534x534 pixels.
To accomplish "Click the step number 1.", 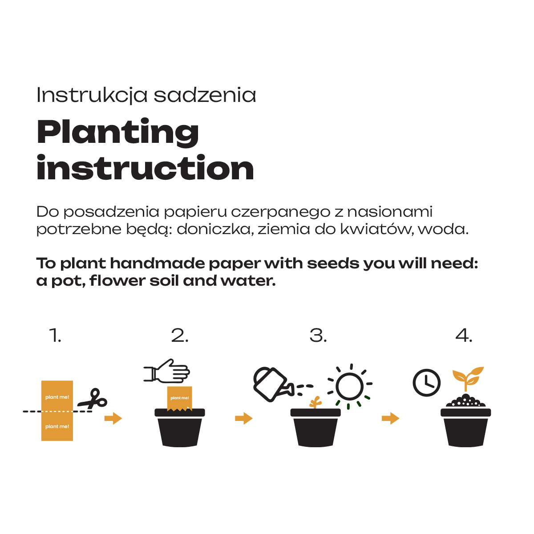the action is coord(55,336).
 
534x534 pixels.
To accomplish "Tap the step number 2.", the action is coord(180,336).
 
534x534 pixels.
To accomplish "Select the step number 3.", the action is coord(318,336).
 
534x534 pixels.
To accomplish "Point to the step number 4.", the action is coord(464,336).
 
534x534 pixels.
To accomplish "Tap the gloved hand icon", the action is coord(166,371).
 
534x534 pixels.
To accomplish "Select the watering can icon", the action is coord(273,384).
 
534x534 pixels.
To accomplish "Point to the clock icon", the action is coord(426,383).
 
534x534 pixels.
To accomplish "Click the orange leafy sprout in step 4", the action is coord(468,378).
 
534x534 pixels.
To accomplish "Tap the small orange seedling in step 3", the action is coord(316,402).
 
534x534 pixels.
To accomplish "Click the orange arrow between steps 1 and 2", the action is coord(113,418).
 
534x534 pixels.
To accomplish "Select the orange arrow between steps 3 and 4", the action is coord(390,418).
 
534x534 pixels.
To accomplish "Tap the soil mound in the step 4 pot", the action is coord(465,401).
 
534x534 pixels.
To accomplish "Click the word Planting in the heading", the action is coord(117,132).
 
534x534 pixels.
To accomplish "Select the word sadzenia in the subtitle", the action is coord(205,95).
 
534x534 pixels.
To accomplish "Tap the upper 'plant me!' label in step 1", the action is coord(57,397).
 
